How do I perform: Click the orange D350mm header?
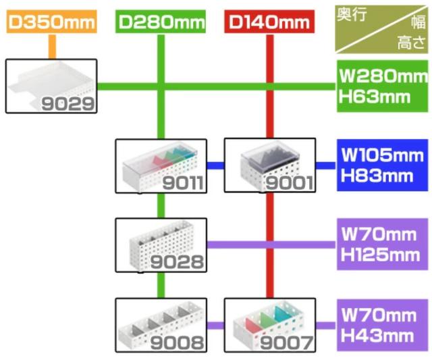52,22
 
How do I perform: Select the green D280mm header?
161,22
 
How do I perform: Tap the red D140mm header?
269,22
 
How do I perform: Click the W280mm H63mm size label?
381,86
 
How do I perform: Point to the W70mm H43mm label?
381,324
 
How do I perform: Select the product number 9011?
180,183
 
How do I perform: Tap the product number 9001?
290,183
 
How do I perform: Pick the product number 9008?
179,342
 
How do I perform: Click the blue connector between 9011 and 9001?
215,164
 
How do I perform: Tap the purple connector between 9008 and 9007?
215,324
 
